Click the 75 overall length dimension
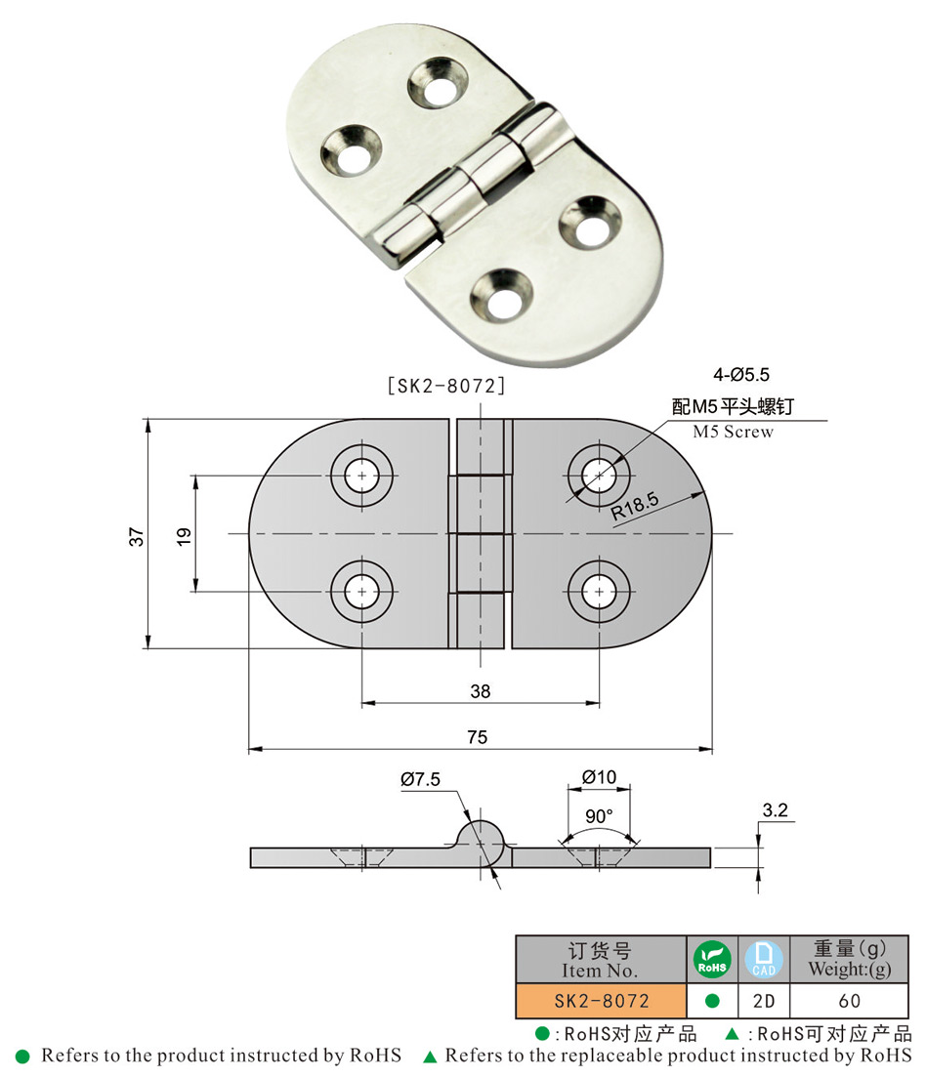point(477,737)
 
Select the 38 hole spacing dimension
point(480,691)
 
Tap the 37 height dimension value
point(137,535)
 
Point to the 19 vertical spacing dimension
point(184,534)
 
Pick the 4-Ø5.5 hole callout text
point(741,373)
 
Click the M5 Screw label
point(732,432)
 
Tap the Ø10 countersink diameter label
point(599,776)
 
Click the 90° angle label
point(599,815)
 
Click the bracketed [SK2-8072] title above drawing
point(446,386)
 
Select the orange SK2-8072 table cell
point(601,1001)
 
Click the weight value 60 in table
point(849,1001)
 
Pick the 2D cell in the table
point(764,1001)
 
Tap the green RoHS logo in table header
point(713,959)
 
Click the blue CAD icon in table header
point(764,959)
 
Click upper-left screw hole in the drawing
point(362,476)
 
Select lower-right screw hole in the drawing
point(599,591)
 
